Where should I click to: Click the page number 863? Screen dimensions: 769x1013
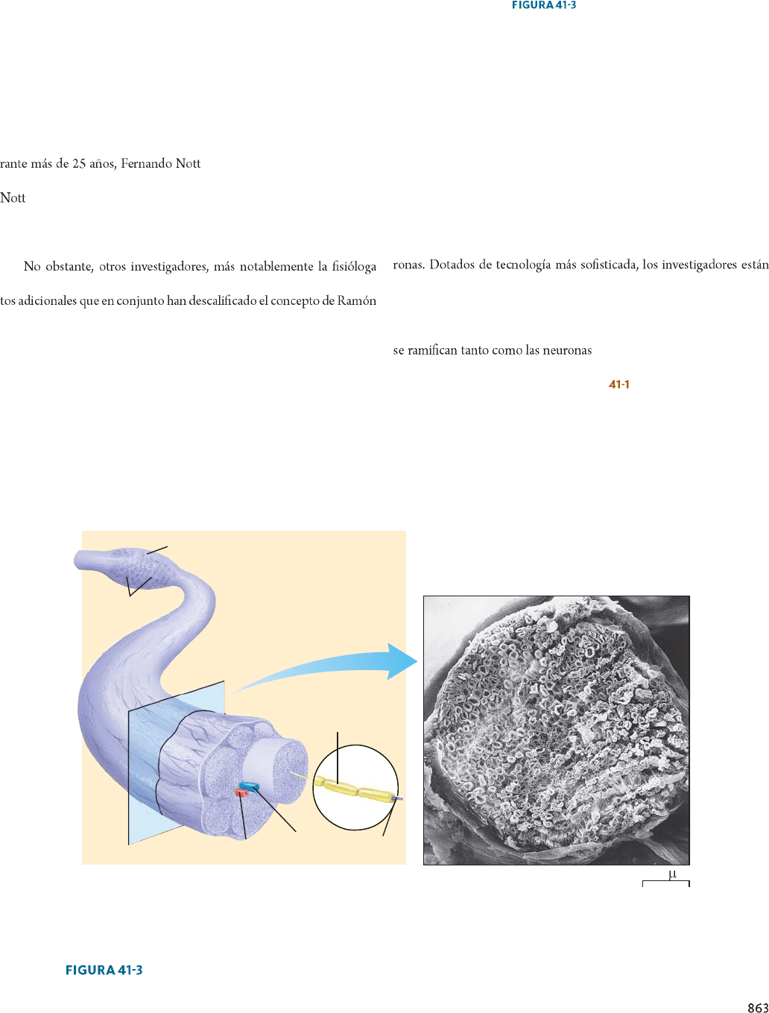(x=757, y=1006)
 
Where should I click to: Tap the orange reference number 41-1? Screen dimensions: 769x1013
(x=618, y=385)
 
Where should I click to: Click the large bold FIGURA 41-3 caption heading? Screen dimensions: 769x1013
(x=104, y=970)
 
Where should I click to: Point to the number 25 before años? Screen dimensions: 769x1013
(x=78, y=164)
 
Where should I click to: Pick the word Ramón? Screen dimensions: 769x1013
(x=357, y=301)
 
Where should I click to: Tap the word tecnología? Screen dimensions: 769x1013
(x=523, y=265)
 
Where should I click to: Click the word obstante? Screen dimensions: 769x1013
(x=69, y=267)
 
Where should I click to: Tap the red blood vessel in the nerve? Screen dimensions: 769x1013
(x=241, y=793)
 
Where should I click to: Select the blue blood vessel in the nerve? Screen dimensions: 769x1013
(x=250, y=786)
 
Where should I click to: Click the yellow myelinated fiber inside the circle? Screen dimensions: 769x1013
(x=353, y=789)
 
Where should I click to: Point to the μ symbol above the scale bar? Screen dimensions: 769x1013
(x=672, y=874)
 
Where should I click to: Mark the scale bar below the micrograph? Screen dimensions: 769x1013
(x=665, y=883)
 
